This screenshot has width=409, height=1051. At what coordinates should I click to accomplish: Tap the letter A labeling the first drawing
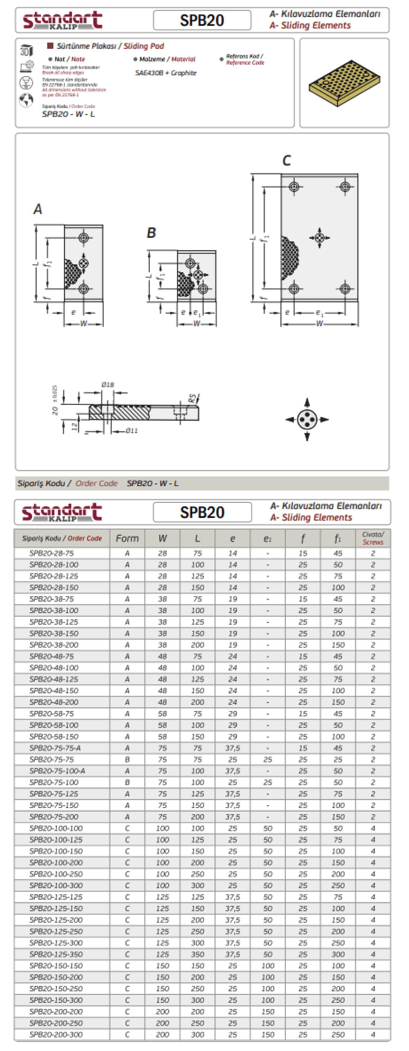38,209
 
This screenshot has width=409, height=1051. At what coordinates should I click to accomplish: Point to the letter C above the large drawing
287,160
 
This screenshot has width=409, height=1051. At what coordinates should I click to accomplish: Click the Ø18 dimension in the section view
108,384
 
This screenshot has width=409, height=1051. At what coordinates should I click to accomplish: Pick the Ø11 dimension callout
131,431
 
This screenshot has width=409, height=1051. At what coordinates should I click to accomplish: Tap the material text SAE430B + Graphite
166,73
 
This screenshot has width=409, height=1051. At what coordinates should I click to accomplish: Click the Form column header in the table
127,538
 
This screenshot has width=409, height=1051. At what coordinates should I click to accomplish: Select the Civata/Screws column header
373,538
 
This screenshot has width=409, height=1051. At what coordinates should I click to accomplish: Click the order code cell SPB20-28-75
52,553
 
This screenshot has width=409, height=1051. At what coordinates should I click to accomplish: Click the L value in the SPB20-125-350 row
198,954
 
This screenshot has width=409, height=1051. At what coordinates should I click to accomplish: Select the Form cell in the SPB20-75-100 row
127,782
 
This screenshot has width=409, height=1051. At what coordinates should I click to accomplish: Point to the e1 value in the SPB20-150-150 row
268,966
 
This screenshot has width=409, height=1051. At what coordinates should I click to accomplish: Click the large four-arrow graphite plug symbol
307,419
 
